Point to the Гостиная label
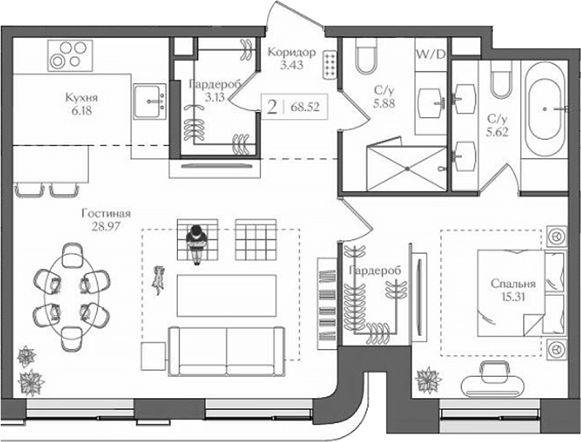[x=106, y=213]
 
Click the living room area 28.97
[x=106, y=226]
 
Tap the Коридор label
[x=290, y=53]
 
